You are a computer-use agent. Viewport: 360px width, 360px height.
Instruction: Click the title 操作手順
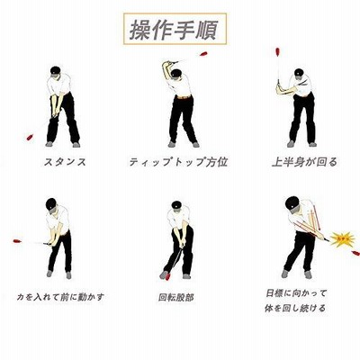coord(174,30)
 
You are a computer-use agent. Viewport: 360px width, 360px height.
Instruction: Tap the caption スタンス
coord(65,162)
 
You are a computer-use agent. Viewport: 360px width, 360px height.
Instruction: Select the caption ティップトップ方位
coord(178,162)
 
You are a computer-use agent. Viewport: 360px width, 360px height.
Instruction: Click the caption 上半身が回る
coord(304,162)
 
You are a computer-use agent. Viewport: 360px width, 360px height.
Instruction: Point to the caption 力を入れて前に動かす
coord(60,297)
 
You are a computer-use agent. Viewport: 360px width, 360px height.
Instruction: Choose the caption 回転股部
coord(176,298)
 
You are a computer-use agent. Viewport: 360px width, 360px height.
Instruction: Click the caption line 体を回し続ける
coord(295,308)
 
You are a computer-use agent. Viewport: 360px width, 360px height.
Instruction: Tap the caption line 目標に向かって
coord(296,293)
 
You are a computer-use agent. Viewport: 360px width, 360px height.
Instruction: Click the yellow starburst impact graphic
coord(343,239)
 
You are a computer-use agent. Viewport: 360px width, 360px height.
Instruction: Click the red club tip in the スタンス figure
coord(30,137)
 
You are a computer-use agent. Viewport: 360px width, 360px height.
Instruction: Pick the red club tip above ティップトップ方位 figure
coord(203,54)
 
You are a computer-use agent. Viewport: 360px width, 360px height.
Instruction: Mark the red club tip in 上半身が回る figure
coord(278,52)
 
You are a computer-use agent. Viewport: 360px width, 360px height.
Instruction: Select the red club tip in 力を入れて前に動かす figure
coord(17,241)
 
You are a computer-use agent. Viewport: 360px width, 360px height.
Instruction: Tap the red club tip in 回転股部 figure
coord(167,276)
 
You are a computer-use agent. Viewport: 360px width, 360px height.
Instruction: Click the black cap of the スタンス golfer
coord(56,71)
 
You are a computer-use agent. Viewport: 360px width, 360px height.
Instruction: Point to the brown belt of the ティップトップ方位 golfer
coord(184,97)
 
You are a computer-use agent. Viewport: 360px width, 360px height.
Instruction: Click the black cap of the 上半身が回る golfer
coord(299,73)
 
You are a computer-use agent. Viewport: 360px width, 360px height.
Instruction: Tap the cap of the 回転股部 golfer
coord(176,205)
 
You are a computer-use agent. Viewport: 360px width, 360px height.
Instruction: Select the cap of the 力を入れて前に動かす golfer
coord(51,204)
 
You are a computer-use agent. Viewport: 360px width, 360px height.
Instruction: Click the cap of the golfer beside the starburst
coord(292,203)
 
